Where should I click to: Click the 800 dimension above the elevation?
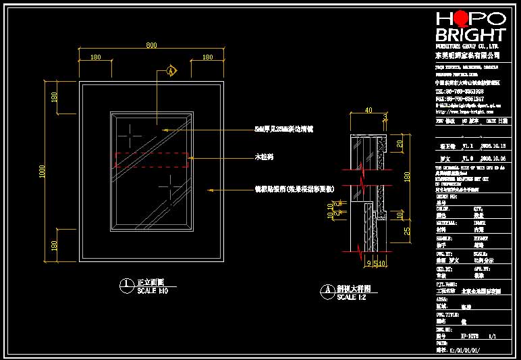(x=151, y=45)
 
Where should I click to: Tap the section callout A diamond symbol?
(x=171, y=70)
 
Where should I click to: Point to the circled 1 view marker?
(x=126, y=284)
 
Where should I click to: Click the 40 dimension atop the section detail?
(x=368, y=109)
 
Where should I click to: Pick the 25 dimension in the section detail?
(x=408, y=232)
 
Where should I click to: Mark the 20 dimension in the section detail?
(x=399, y=144)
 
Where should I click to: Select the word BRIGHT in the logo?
(x=470, y=34)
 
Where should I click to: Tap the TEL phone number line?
(x=460, y=91)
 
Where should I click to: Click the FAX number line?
(x=460, y=98)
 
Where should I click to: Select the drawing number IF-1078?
(x=470, y=334)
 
